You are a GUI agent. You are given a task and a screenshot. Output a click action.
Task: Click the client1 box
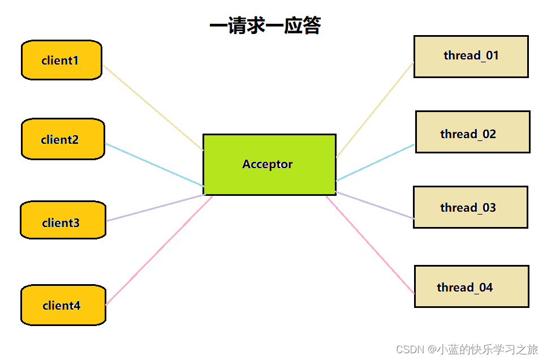coord(62,60)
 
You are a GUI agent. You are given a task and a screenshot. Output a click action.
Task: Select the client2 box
coord(63,139)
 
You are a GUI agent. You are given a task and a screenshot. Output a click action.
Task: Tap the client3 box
coord(63,220)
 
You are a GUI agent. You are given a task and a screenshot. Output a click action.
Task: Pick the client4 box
coord(63,305)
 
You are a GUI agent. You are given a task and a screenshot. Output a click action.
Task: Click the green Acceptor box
coord(269,165)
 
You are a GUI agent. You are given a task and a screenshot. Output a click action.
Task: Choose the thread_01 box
coord(471,57)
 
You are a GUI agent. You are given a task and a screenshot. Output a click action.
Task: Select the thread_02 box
coord(473,132)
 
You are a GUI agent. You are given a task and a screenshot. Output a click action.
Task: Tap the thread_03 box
coord(471,207)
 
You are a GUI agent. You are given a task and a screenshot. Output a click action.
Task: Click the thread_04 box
coord(472,286)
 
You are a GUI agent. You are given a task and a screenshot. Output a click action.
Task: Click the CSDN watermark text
coord(467,349)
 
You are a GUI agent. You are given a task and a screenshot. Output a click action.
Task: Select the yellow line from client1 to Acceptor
coord(153,108)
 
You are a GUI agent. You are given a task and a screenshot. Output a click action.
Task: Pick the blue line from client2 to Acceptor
coord(154,165)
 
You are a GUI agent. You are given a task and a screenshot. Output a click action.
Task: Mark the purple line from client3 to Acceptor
coord(155,208)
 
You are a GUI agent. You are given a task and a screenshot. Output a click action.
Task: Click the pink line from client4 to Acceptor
coord(159,250)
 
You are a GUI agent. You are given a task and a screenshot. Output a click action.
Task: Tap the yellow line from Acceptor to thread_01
coord(375,110)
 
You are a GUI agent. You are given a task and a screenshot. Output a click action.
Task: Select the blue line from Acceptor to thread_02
coord(376,162)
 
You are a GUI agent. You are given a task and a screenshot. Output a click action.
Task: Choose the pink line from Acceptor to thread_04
coord(371,245)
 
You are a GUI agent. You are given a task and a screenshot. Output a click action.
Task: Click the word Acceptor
coord(268,164)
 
